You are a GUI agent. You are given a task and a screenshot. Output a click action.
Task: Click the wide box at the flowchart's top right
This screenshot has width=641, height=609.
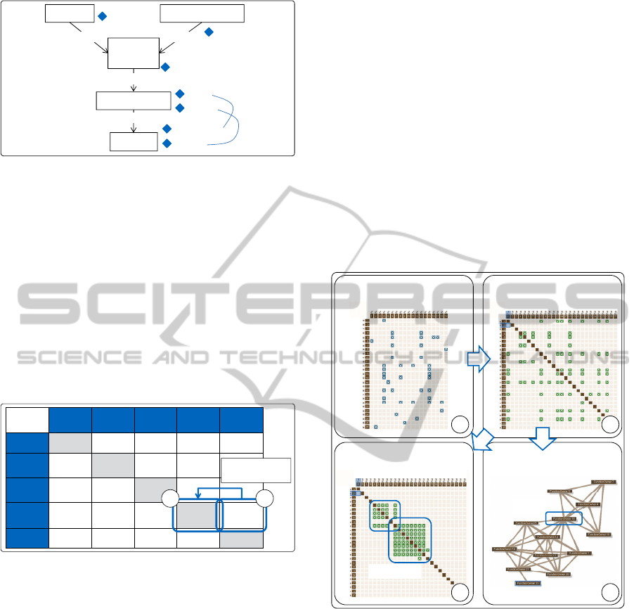click(x=202, y=13)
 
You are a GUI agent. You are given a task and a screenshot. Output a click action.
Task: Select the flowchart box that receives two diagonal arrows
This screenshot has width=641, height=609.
click(x=134, y=53)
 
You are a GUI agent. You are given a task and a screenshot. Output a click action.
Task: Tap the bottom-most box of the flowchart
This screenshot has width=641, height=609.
click(x=134, y=141)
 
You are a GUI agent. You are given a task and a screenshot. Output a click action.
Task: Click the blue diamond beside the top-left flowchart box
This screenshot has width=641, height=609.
click(x=102, y=15)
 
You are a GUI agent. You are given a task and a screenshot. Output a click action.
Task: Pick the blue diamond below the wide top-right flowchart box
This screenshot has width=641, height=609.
click(x=208, y=32)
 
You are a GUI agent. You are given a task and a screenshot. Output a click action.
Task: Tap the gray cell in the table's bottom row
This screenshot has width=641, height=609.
click(x=241, y=539)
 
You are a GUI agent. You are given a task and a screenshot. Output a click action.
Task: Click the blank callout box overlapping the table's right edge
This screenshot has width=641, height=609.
click(x=256, y=470)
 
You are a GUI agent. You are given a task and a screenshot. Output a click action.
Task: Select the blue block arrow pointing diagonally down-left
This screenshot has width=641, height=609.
click(x=481, y=442)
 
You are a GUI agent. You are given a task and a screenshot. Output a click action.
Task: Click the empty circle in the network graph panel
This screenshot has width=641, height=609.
click(x=610, y=591)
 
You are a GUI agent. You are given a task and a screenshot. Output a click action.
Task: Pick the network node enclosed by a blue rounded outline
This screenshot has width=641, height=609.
click(x=564, y=518)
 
